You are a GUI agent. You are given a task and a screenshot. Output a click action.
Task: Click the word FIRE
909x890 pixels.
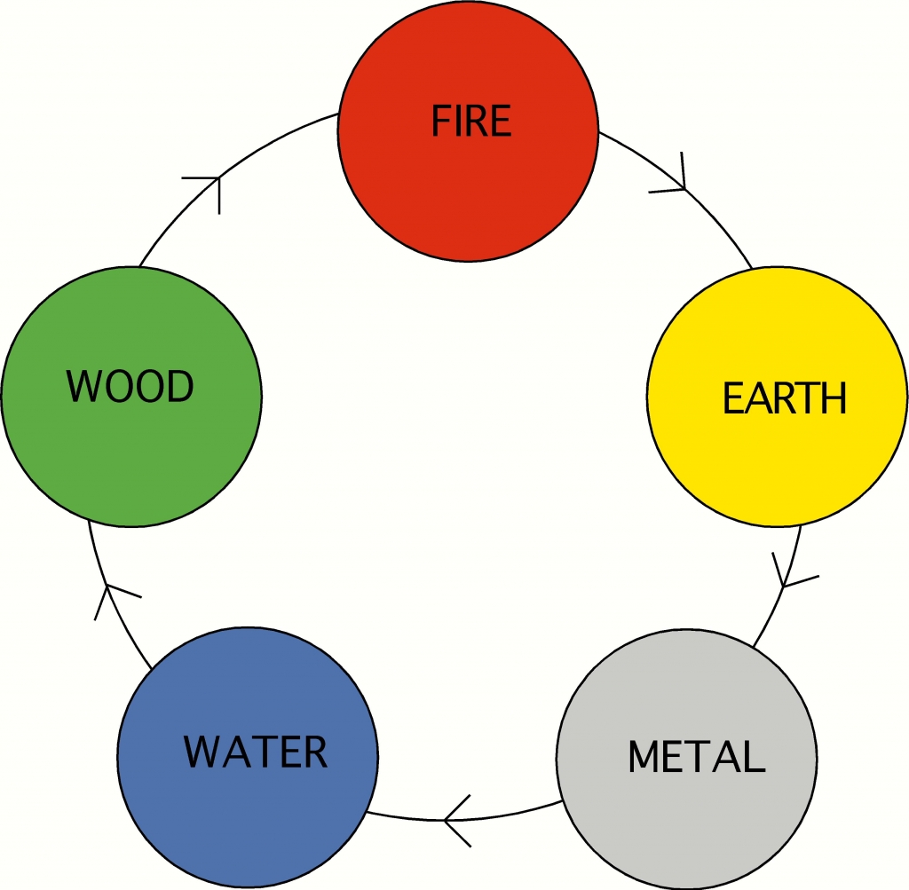click(471, 122)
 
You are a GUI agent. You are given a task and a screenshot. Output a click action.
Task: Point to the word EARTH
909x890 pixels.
click(785, 399)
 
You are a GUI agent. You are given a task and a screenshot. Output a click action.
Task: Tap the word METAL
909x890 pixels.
click(696, 757)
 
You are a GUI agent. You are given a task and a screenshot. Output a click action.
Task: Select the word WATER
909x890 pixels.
click(256, 752)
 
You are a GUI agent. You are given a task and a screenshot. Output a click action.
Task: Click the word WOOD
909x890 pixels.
click(130, 387)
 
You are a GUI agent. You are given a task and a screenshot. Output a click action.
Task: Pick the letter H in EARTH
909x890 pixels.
click(832, 399)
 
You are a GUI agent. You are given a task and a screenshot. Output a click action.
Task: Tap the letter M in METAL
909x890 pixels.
click(644, 757)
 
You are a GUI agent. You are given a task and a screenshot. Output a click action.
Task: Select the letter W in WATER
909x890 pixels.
click(202, 752)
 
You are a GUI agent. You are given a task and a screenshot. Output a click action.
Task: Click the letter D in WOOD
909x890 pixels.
click(178, 387)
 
